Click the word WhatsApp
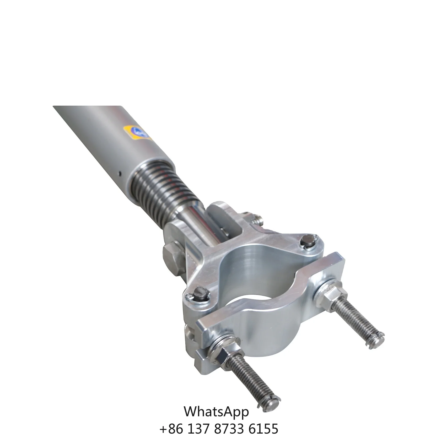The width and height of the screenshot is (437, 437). coord(216,412)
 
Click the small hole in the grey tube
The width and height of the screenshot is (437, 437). coord(119,173)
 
